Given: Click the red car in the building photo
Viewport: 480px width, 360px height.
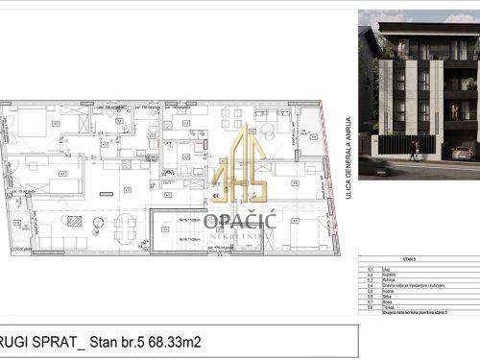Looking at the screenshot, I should tap(462, 152).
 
